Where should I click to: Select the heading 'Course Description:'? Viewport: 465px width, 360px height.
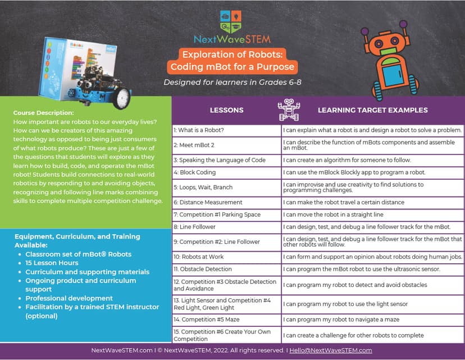coord(43,113)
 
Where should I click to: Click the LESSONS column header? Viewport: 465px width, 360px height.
coord(226,110)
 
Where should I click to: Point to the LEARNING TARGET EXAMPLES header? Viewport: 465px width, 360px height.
coord(372,110)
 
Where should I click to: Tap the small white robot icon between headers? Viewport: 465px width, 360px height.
coord(289,110)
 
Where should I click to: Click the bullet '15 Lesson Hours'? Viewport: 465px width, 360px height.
coord(52,263)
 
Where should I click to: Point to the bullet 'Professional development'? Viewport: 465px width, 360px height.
coord(69,298)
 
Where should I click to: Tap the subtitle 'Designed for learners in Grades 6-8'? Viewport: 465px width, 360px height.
coord(233,82)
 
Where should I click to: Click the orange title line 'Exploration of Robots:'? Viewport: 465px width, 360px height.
coord(233,54)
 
